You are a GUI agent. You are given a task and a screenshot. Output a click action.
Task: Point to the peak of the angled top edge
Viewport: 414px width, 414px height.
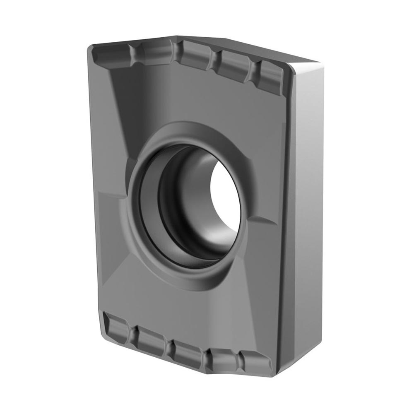click(178, 36)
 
